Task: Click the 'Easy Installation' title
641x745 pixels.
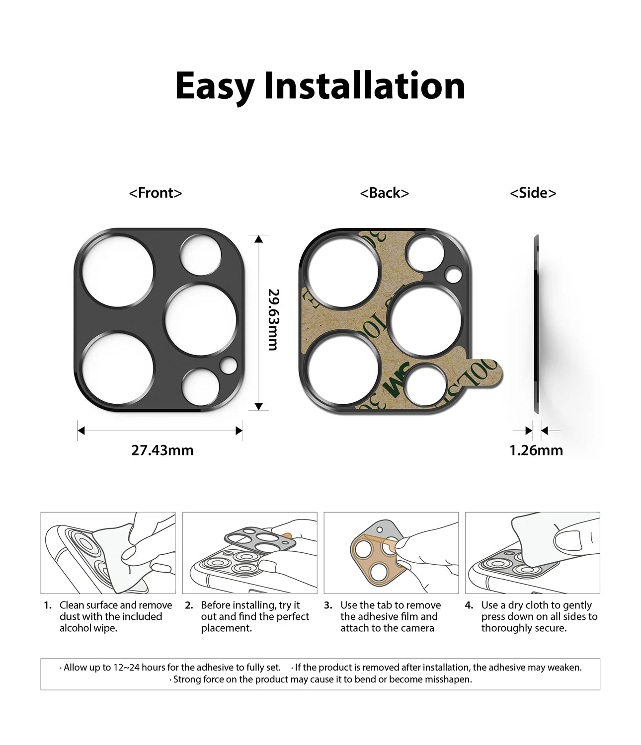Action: (x=320, y=86)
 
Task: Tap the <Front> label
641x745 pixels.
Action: (x=156, y=193)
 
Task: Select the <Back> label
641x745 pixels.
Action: (x=384, y=193)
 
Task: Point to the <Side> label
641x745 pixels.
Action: (x=533, y=193)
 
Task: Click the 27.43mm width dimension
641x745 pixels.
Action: (x=162, y=450)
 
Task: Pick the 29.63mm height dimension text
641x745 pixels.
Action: (x=272, y=320)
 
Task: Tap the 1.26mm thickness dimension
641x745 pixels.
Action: (x=536, y=450)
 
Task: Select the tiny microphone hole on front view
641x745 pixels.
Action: (x=229, y=366)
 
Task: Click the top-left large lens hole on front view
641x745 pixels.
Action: (x=118, y=271)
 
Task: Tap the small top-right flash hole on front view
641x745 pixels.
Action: (x=200, y=255)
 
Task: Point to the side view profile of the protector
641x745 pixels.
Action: (x=536, y=323)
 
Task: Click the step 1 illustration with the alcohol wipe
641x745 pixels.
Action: (x=108, y=553)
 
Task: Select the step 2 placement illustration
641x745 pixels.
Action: (x=249, y=553)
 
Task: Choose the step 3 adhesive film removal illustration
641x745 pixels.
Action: (x=391, y=553)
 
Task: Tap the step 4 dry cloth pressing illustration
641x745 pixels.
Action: (x=532, y=553)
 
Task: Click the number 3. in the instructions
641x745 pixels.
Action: (x=328, y=605)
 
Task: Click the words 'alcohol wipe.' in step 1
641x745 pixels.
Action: (x=88, y=628)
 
